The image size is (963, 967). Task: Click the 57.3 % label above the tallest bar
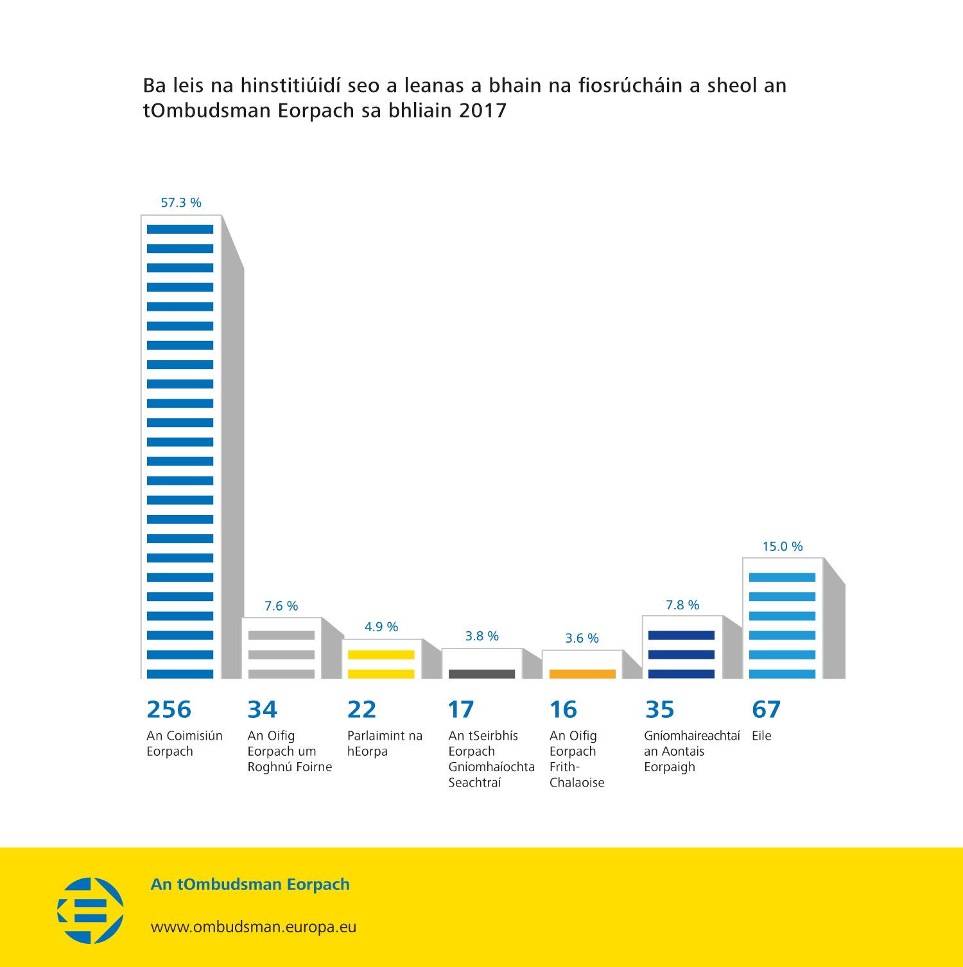pyautogui.click(x=181, y=203)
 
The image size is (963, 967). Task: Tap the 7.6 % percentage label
pyautogui.click(x=281, y=606)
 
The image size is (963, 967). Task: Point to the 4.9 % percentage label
pyautogui.click(x=381, y=627)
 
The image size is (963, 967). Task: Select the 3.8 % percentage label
pyautogui.click(x=481, y=636)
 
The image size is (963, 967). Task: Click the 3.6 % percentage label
pyautogui.click(x=582, y=638)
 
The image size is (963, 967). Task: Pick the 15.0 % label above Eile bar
pyautogui.click(x=783, y=546)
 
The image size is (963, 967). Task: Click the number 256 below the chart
pyautogui.click(x=169, y=710)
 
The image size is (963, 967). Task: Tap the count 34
pyautogui.click(x=263, y=710)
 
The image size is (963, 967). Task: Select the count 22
pyautogui.click(x=361, y=710)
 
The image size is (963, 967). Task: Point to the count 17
pyautogui.click(x=461, y=710)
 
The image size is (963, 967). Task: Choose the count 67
pyautogui.click(x=766, y=710)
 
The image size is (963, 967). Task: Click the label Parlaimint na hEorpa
pyautogui.click(x=385, y=744)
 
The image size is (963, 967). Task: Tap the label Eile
pyautogui.click(x=761, y=736)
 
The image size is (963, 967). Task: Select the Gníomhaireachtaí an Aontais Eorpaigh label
pyautogui.click(x=691, y=751)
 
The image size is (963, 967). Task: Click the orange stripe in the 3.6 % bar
pyautogui.click(x=582, y=674)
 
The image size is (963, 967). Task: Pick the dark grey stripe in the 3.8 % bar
pyautogui.click(x=481, y=674)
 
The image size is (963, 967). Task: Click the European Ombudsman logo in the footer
pyautogui.click(x=91, y=910)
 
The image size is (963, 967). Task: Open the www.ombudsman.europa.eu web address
pyautogui.click(x=254, y=927)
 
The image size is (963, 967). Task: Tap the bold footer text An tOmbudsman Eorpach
pyautogui.click(x=250, y=884)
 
